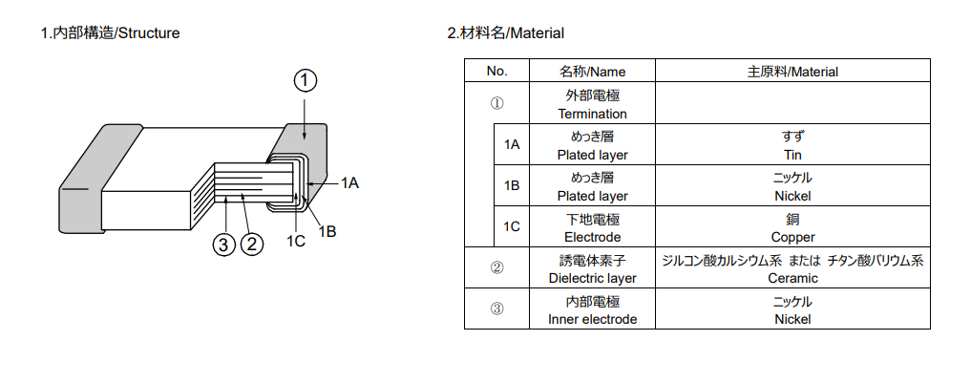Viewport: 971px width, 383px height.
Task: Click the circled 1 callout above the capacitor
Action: pyautogui.click(x=305, y=81)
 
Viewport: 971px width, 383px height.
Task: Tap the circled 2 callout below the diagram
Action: pyautogui.click(x=251, y=245)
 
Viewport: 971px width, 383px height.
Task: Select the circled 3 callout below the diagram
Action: pyautogui.click(x=224, y=245)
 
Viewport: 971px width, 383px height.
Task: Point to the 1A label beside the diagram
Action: pyautogui.click(x=349, y=182)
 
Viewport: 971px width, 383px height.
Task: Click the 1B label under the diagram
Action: pyautogui.click(x=327, y=232)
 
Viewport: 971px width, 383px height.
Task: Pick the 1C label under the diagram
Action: pyautogui.click(x=295, y=241)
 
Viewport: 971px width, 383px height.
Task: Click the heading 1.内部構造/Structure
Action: pyautogui.click(x=110, y=33)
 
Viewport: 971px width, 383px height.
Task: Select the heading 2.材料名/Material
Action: pyautogui.click(x=505, y=33)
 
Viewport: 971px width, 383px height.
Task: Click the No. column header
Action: pyautogui.click(x=496, y=72)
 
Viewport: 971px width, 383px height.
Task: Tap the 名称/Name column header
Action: pyautogui.click(x=593, y=72)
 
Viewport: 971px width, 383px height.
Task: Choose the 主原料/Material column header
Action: pyautogui.click(x=792, y=72)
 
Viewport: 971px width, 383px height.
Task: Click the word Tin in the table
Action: pyautogui.click(x=792, y=155)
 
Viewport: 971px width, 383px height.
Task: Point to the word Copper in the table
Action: pyautogui.click(x=792, y=238)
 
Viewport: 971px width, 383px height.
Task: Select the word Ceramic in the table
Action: pyautogui.click(x=792, y=278)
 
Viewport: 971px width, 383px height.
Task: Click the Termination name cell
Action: pyautogui.click(x=593, y=104)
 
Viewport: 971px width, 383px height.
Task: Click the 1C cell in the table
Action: pyautogui.click(x=512, y=226)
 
